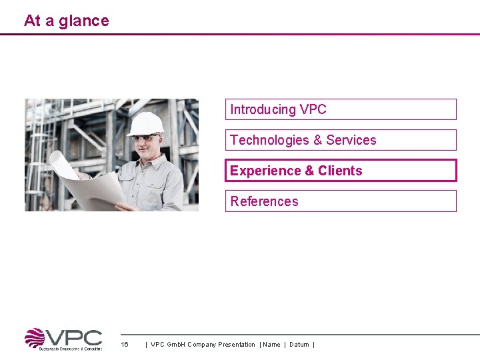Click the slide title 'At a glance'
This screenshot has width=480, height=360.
click(x=66, y=21)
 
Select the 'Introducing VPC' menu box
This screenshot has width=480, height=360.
click(x=341, y=109)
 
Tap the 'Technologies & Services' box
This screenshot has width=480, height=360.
click(x=341, y=140)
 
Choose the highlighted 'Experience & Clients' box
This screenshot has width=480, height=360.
click(x=341, y=171)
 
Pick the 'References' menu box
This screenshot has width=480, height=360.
click(x=341, y=201)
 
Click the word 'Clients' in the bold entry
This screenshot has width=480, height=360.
click(x=340, y=171)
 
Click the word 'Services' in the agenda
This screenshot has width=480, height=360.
click(x=351, y=140)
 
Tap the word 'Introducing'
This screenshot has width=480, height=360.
click(x=263, y=109)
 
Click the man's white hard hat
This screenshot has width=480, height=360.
click(x=145, y=123)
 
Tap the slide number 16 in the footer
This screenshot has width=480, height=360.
click(x=124, y=345)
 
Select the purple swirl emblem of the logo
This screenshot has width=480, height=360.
click(x=35, y=339)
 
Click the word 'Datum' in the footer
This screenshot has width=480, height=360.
click(x=299, y=345)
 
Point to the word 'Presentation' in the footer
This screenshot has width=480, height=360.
click(x=236, y=345)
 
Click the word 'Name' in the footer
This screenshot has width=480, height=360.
click(x=271, y=345)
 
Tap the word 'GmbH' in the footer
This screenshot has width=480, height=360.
click(x=175, y=345)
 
